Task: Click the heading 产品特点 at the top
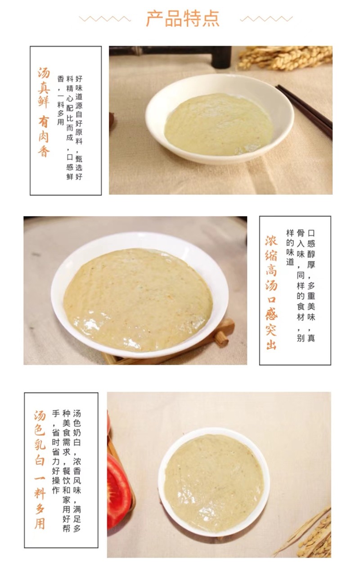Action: click(x=183, y=18)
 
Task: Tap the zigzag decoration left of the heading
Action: click(x=105, y=19)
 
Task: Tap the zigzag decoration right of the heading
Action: click(x=266, y=19)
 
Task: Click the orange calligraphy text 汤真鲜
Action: click(x=44, y=88)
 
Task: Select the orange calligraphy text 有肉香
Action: click(x=44, y=136)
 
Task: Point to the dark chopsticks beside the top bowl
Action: click(x=304, y=112)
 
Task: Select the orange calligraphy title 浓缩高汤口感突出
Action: click(x=271, y=293)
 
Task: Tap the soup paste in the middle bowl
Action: click(x=138, y=300)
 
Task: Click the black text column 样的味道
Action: click(x=290, y=247)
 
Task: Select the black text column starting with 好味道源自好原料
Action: click(x=79, y=127)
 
